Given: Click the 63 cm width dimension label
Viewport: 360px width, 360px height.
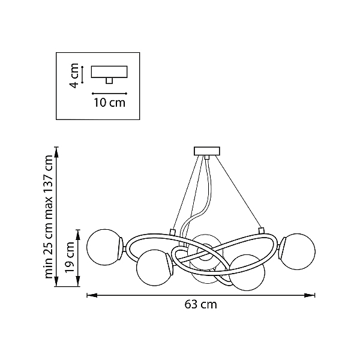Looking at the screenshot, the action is point(200,304).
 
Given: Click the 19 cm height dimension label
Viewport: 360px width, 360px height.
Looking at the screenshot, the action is point(70,257).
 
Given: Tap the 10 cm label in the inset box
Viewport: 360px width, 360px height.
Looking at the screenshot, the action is point(110,103).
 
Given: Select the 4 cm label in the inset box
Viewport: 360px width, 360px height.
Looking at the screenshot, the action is point(74,76).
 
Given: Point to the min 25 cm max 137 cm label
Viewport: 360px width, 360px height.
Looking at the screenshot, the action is point(49,217).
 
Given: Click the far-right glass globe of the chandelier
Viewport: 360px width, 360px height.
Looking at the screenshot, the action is point(298,251).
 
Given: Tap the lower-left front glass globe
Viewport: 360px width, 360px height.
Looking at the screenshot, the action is point(154,268).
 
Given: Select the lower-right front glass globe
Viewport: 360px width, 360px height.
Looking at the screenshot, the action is point(247,272).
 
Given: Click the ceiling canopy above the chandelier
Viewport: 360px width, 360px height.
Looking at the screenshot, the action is point(207,151).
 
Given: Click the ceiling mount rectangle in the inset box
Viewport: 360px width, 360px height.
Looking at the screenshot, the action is point(109,72).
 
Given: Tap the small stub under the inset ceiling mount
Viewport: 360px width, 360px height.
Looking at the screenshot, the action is point(109,80).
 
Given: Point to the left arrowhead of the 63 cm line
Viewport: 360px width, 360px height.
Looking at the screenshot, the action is point(92,295).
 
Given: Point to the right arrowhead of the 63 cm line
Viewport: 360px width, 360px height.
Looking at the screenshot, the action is point(310,295).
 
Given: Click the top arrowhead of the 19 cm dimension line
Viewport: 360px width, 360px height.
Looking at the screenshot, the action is point(78,235).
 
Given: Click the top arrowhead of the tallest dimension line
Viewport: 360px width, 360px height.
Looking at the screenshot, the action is point(56,152).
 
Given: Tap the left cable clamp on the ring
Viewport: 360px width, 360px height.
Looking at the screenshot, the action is point(172,232).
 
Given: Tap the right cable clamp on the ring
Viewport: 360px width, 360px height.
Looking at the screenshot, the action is point(261,230).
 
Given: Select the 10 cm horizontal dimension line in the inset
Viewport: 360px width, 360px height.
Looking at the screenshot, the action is point(110,94).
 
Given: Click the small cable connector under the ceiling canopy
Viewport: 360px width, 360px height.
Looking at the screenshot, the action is point(207,157).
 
